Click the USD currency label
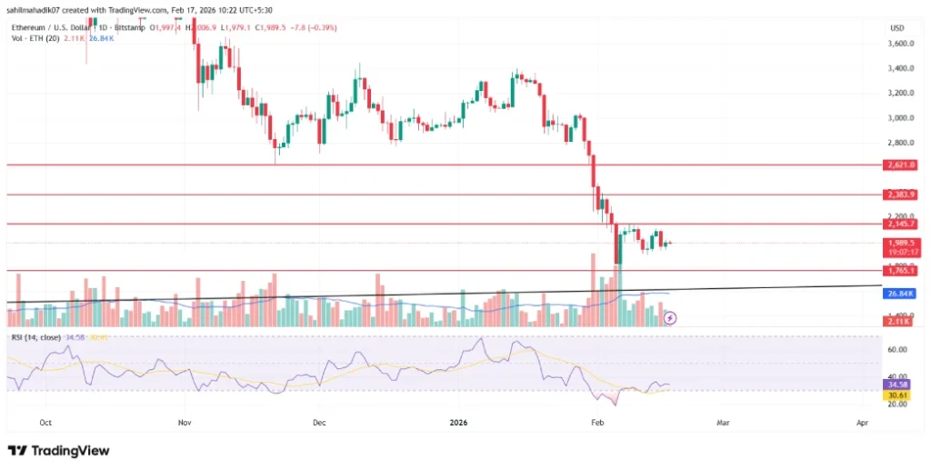pyautogui.click(x=896, y=28)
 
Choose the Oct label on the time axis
pyautogui.click(x=46, y=423)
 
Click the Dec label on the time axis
pyautogui.click(x=319, y=423)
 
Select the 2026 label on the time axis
pyautogui.click(x=458, y=423)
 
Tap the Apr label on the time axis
pyautogui.click(x=861, y=423)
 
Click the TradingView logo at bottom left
pyautogui.click(x=58, y=451)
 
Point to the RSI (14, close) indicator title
pyautogui.click(x=37, y=337)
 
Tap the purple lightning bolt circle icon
pyautogui.click(x=671, y=318)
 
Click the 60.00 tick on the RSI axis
pyautogui.click(x=899, y=348)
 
